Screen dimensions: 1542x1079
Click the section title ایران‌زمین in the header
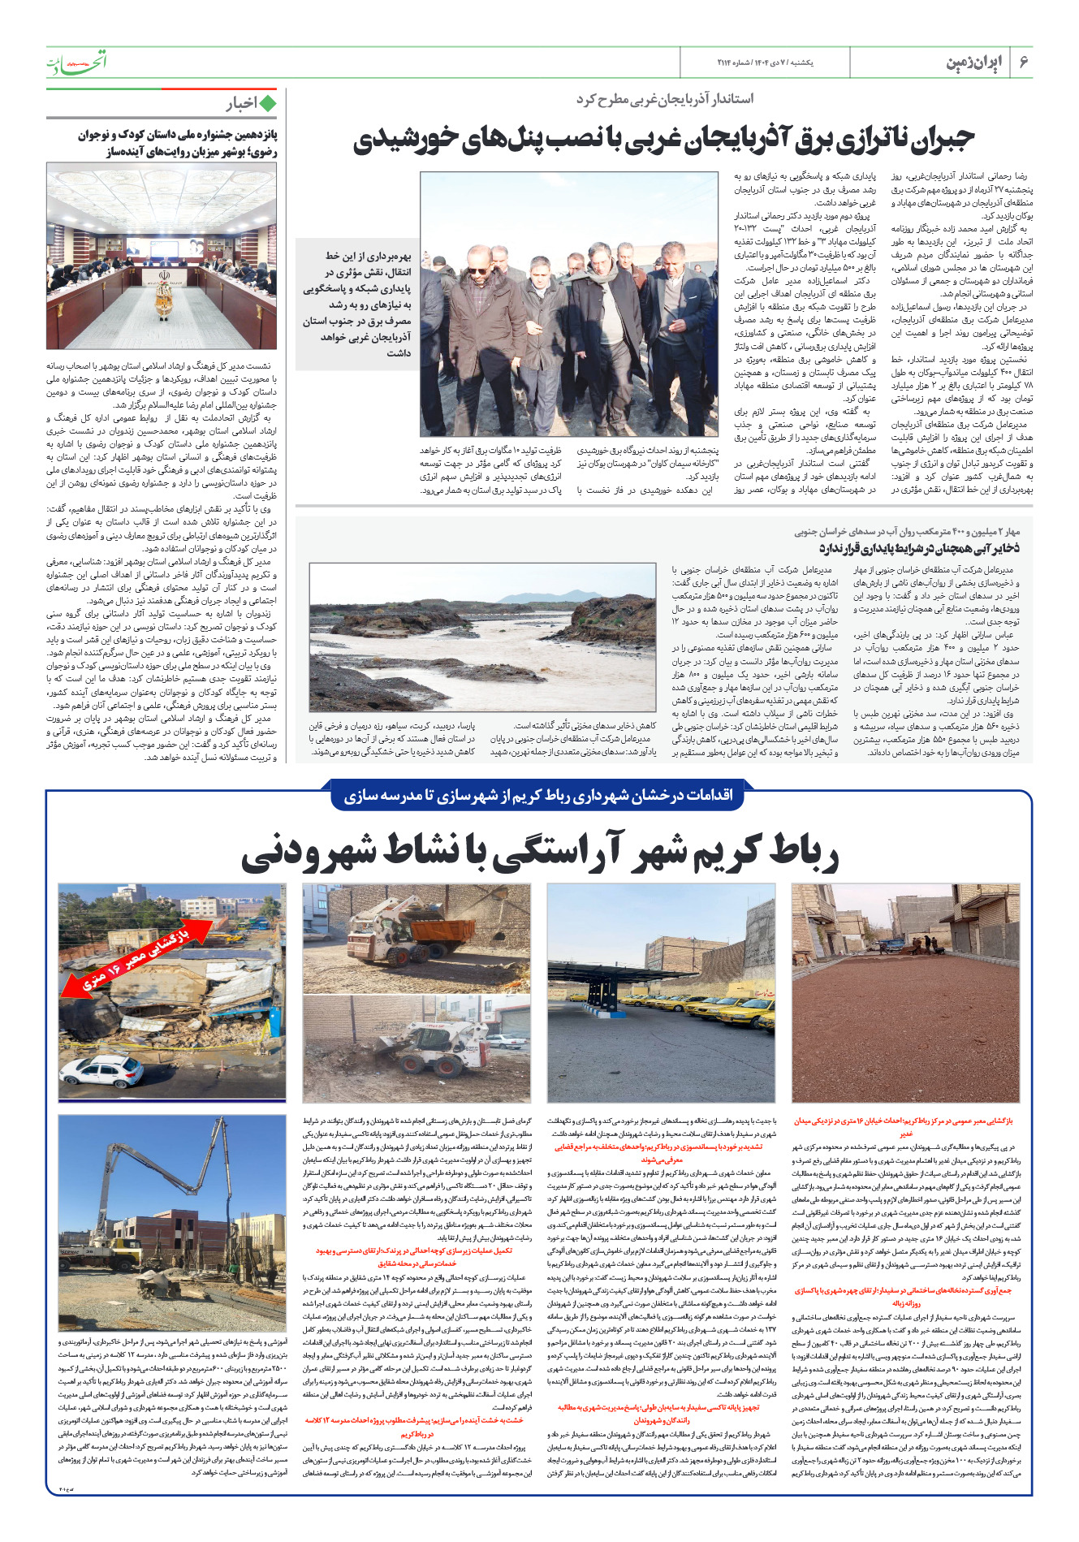(973, 63)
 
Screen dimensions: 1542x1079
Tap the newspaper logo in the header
(76, 62)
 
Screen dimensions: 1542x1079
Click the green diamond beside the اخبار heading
(267, 103)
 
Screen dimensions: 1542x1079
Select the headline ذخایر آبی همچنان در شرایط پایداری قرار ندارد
(918, 548)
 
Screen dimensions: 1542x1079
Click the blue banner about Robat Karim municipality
(538, 795)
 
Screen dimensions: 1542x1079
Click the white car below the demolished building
(113, 1071)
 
